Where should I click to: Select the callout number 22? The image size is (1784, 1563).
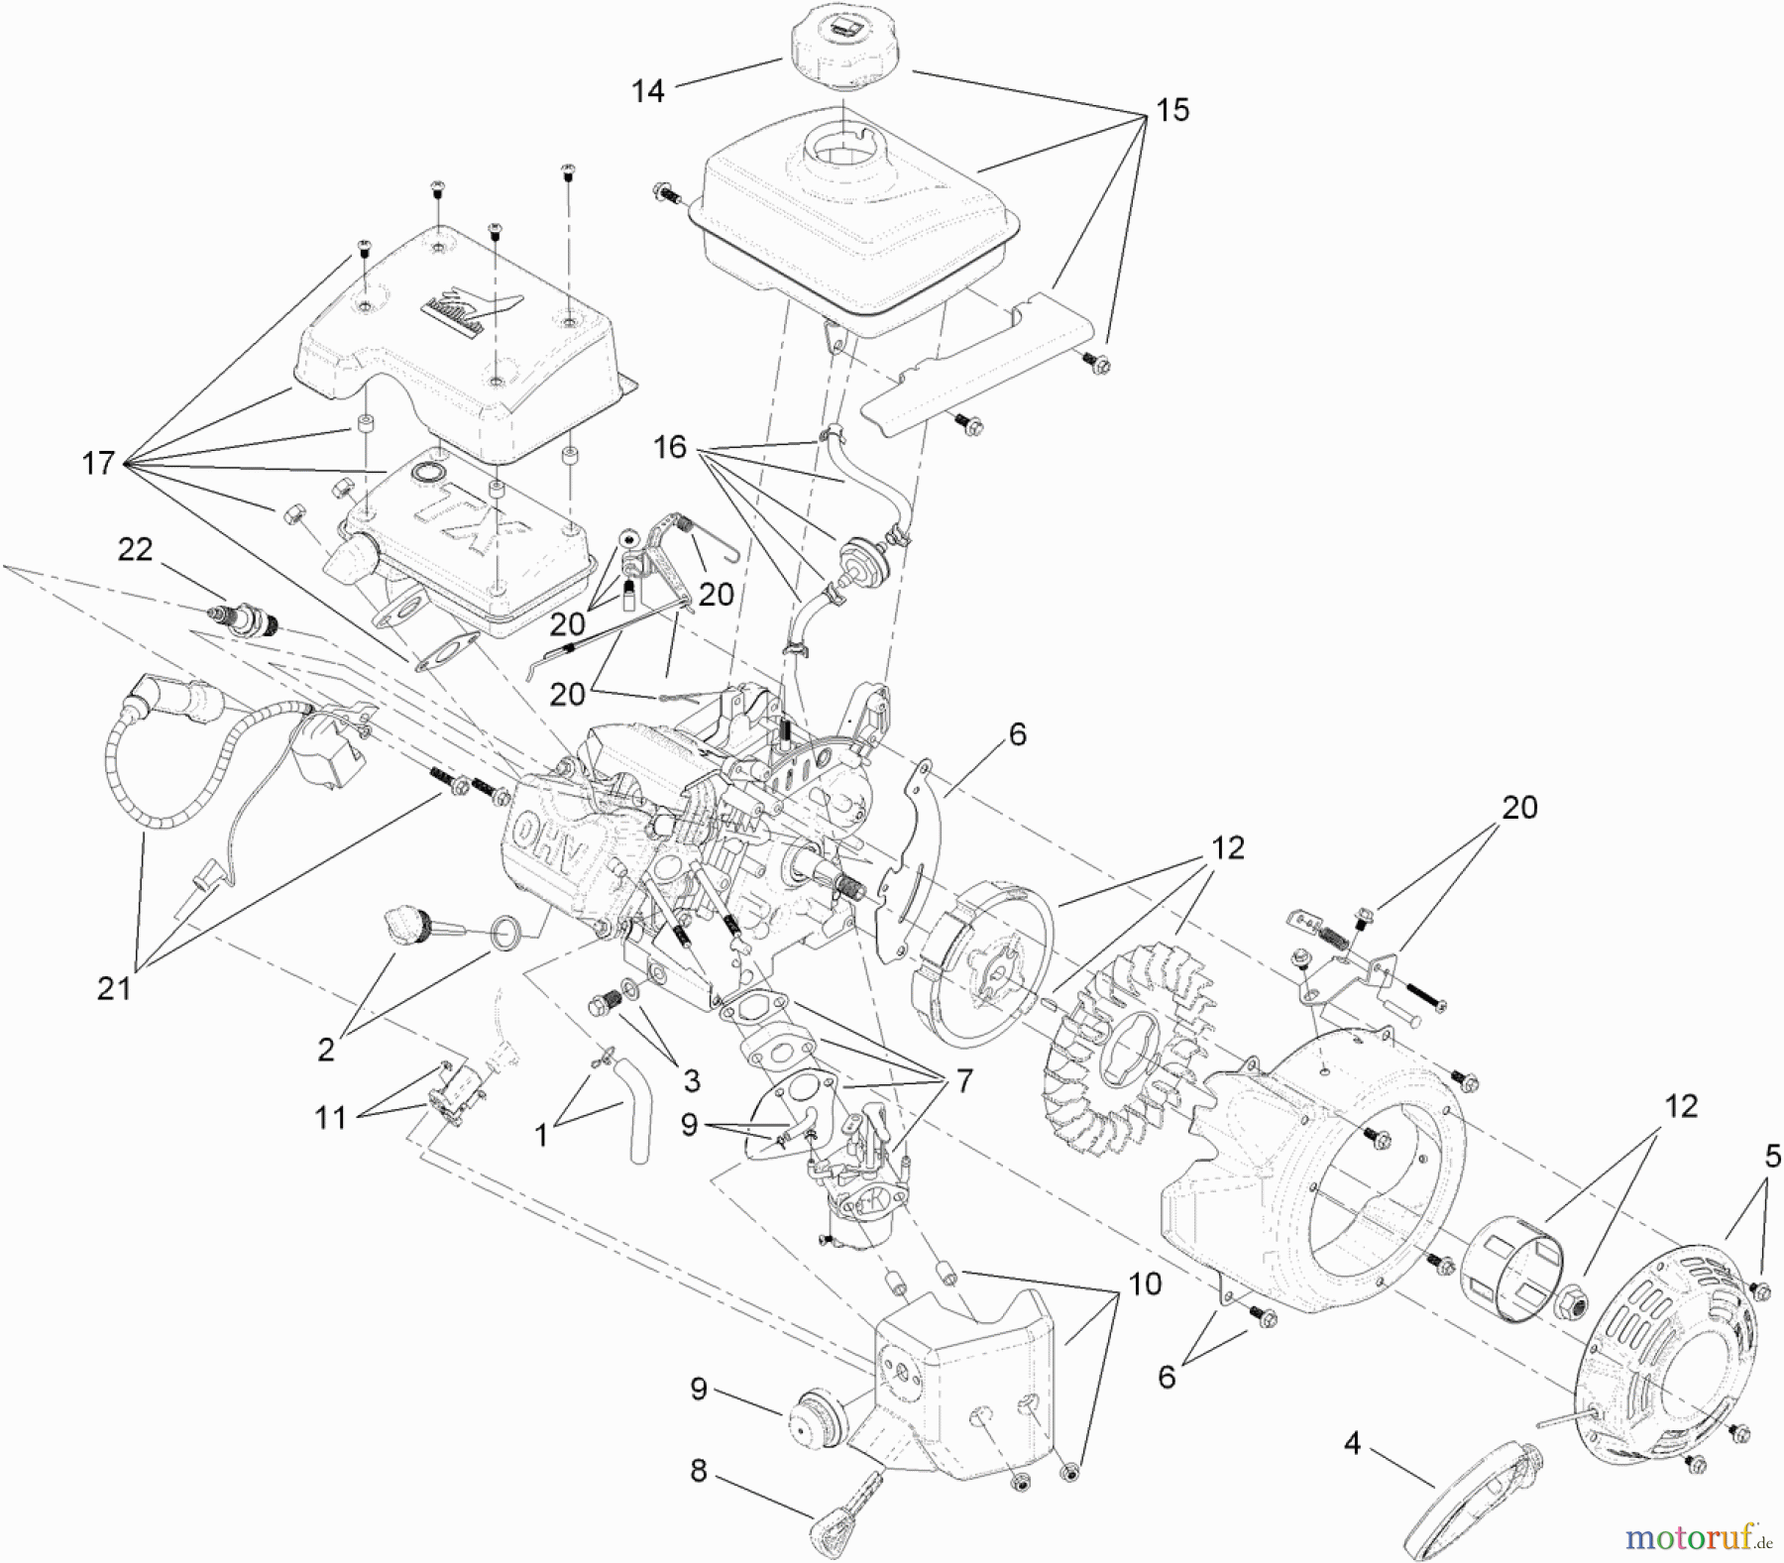pyautogui.click(x=135, y=550)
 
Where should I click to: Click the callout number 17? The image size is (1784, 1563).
pyautogui.click(x=98, y=463)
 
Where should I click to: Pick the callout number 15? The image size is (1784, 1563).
pyautogui.click(x=1172, y=110)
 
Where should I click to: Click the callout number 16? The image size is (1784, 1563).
pyautogui.click(x=670, y=447)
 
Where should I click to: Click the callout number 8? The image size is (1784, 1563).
pyautogui.click(x=699, y=1472)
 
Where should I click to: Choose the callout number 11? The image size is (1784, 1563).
pyautogui.click(x=330, y=1118)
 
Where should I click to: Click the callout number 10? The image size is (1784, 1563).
pyautogui.click(x=1145, y=1284)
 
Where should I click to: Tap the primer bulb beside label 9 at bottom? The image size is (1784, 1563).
pyautogui.click(x=820, y=1415)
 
